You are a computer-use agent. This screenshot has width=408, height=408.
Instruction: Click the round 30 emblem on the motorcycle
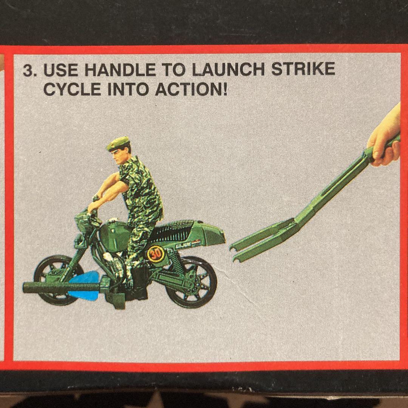155,253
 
